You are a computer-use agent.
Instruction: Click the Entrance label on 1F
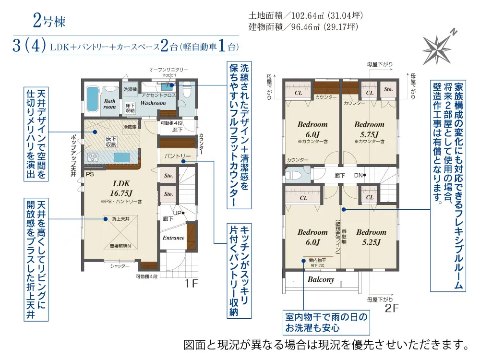[x=173, y=238]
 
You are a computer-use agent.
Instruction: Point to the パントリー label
[x=178, y=156]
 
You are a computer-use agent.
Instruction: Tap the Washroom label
[x=153, y=103]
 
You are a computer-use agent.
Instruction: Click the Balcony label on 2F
[x=321, y=279]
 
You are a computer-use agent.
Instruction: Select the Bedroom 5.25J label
[x=371, y=237]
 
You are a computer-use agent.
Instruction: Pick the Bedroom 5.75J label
[x=369, y=129]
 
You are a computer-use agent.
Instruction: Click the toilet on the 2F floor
[x=293, y=175]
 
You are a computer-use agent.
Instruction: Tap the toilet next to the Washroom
[x=188, y=90]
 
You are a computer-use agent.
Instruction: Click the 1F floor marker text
[x=192, y=284]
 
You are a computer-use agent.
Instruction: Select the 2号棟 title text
[x=48, y=21]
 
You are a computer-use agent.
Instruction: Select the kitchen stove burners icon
[x=92, y=156]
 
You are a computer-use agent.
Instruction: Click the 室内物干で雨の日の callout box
[x=326, y=323]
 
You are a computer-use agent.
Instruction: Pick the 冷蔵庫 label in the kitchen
[x=130, y=127]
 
